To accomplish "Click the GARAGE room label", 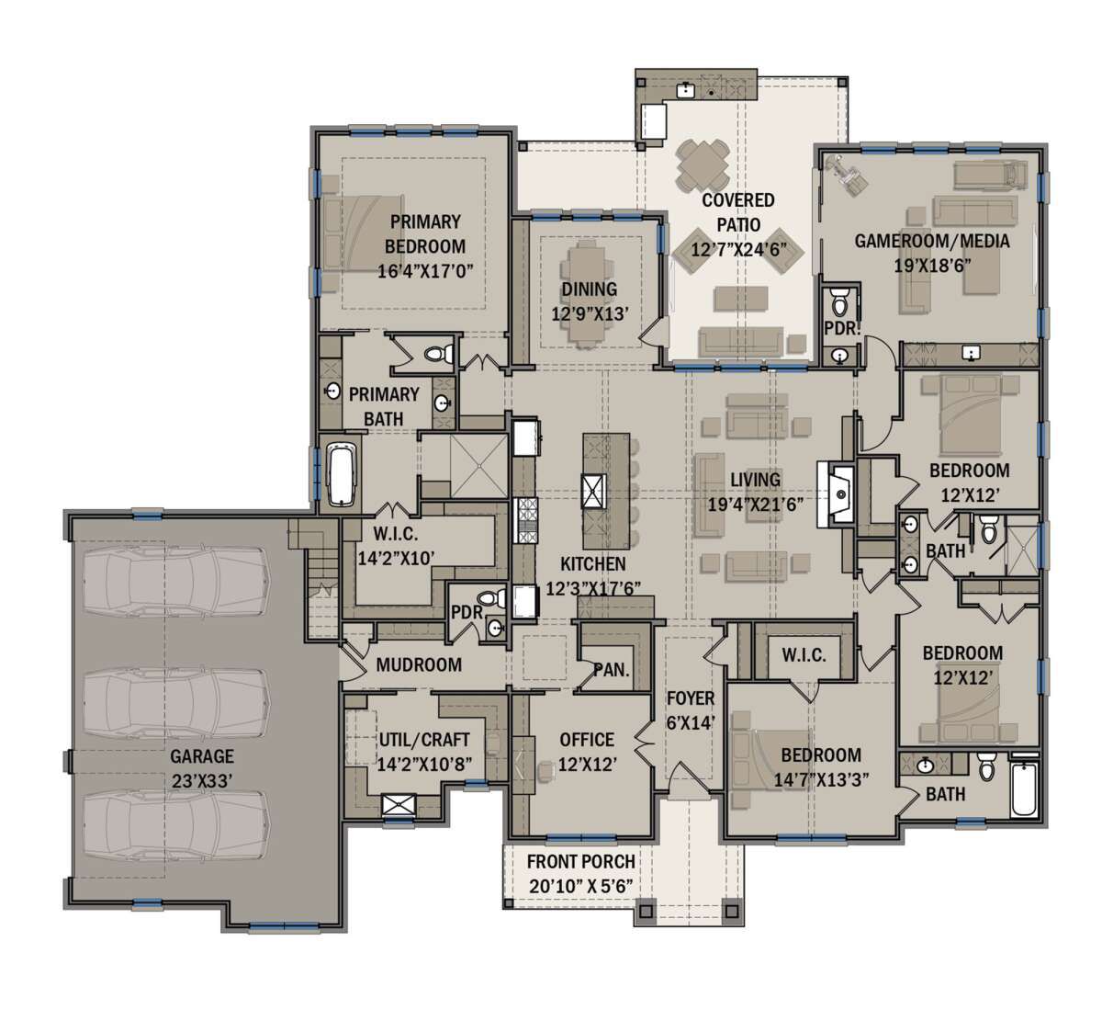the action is click(x=201, y=756).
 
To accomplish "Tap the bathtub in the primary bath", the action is click(x=343, y=473).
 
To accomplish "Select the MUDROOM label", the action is click(x=419, y=664).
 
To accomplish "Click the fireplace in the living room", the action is click(x=836, y=495).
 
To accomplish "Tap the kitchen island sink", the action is click(x=593, y=491).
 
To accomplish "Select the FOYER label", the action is click(x=691, y=698).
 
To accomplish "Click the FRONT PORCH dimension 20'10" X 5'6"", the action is click(x=580, y=886).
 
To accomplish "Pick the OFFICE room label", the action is click(x=587, y=740).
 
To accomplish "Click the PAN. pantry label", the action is click(x=612, y=669).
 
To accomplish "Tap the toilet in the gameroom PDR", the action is click(x=839, y=302).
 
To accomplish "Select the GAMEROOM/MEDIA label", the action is click(x=932, y=241).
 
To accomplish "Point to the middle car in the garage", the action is click(x=175, y=704).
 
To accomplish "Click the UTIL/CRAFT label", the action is click(x=424, y=740).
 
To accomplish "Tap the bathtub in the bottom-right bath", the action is click(x=1024, y=786).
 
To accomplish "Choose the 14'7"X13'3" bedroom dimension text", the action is click(x=821, y=779).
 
